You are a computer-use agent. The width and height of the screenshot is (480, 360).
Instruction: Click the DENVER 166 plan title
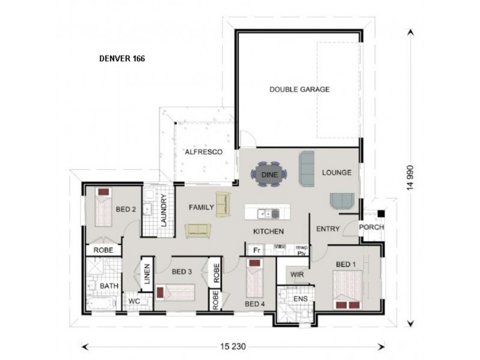[121, 59]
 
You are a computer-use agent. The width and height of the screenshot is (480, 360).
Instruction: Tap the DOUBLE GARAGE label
[299, 89]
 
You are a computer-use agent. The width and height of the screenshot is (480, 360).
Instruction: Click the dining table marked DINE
[268, 174]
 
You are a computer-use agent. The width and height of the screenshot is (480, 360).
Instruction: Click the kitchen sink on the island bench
[264, 213]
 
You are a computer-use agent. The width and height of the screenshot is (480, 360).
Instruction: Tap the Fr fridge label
[256, 249]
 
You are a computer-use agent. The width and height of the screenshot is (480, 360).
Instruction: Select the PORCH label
[371, 227]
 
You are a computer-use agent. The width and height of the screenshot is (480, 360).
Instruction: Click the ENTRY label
[328, 229]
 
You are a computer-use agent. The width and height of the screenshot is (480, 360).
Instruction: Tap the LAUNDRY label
[163, 214]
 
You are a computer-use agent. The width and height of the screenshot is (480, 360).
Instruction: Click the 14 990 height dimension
[410, 178]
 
